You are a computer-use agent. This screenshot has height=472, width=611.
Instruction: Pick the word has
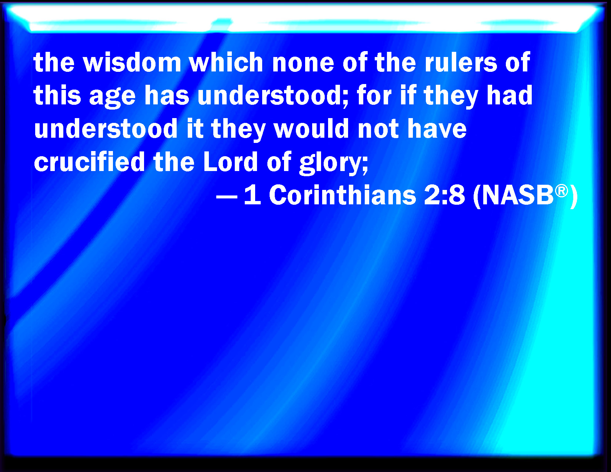(167, 95)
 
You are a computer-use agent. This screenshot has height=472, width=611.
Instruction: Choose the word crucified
(89, 161)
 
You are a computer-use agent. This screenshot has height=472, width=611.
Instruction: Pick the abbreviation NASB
(518, 195)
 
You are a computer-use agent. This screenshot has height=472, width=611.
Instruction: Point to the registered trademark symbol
(561, 191)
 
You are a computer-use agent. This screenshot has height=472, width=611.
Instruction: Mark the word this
(57, 95)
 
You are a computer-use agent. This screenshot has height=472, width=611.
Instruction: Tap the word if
(408, 95)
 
